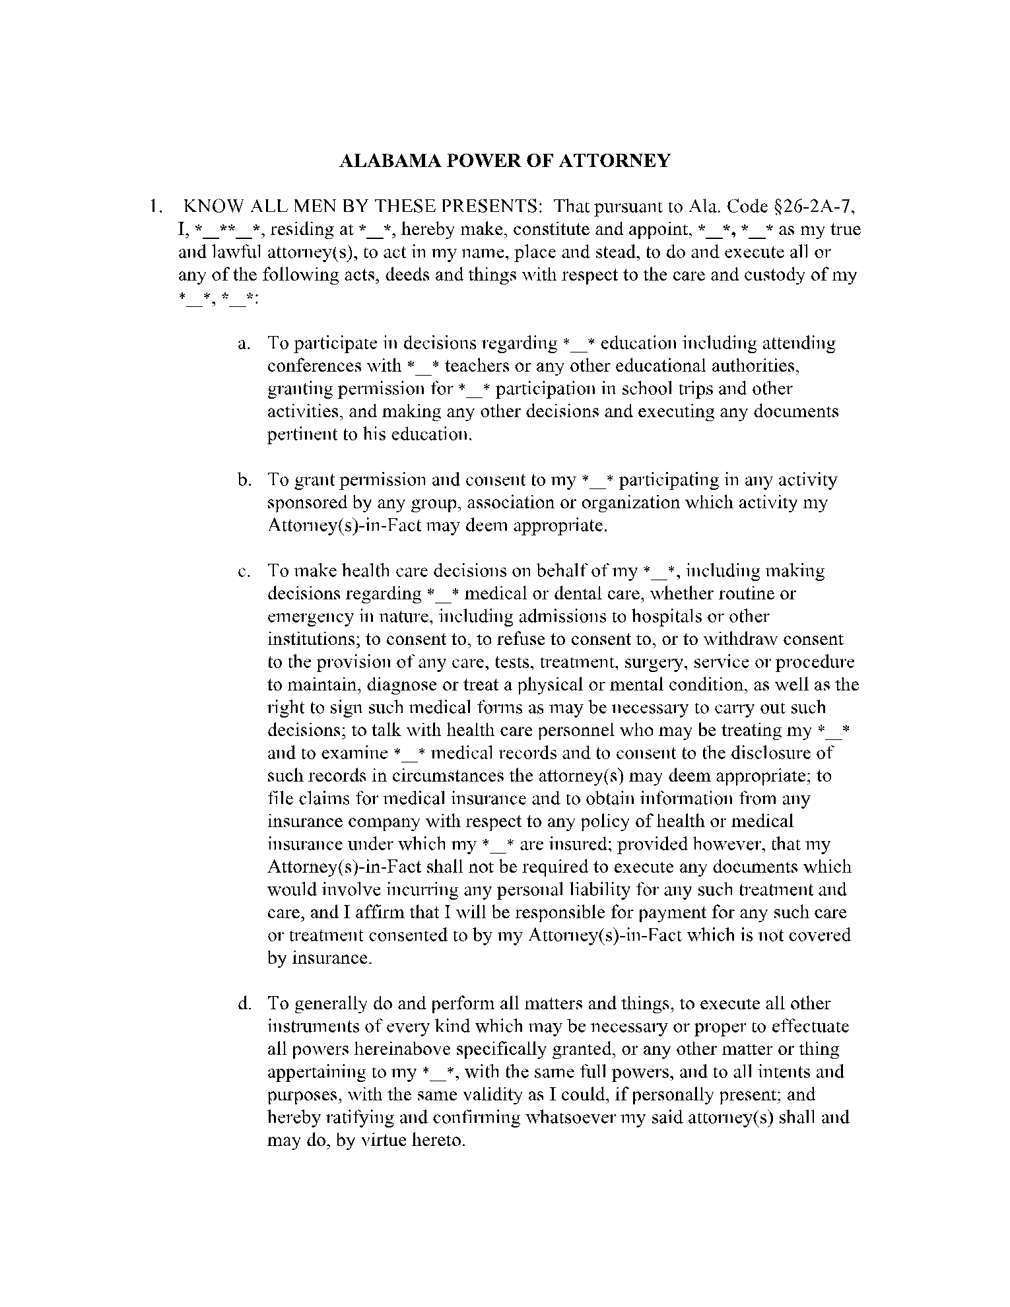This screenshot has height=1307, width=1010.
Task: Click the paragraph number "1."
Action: (154, 207)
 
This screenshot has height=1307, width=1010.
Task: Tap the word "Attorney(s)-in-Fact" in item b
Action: (344, 526)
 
